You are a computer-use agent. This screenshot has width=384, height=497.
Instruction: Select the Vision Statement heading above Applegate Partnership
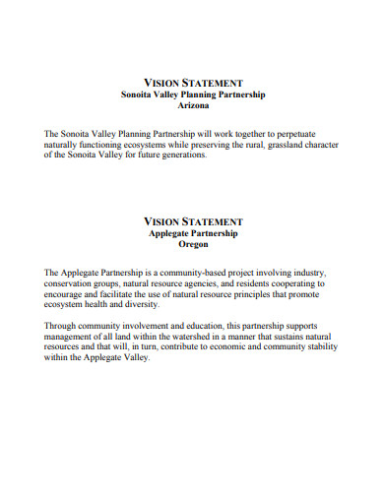192,223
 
